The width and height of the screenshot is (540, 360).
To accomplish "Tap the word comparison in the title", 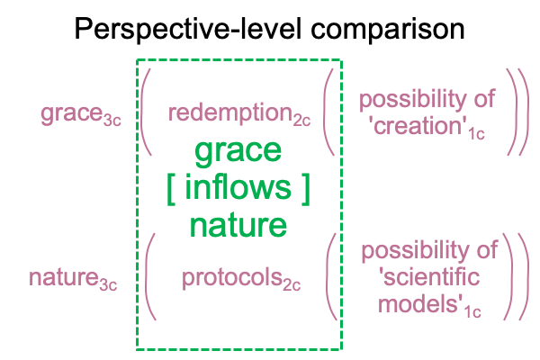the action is click(388, 31).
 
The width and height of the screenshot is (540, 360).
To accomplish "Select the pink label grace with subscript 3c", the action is click(81, 114).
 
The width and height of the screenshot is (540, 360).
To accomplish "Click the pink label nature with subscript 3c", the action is click(73, 279).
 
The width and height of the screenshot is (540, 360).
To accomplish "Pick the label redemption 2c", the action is click(239, 114).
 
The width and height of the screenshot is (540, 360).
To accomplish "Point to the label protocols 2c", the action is click(241, 279).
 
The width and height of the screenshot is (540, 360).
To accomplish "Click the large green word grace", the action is click(238, 152).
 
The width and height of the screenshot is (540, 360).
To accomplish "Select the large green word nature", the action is click(238, 225).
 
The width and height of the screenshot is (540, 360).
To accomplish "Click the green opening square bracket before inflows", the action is click(171, 190).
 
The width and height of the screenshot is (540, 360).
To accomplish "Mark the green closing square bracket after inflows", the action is click(306, 190).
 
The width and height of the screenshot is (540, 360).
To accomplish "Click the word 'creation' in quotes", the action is click(418, 126).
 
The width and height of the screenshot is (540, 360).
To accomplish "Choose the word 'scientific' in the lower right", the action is click(429, 277).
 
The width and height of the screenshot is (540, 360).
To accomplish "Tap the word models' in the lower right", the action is click(420, 304).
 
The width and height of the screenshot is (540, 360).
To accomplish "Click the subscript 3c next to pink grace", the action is click(112, 121).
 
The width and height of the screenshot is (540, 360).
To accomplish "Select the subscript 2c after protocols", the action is click(292, 286).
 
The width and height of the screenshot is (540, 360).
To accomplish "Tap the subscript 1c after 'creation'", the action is click(477, 134).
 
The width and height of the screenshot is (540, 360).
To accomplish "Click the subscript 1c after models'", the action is click(472, 311).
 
